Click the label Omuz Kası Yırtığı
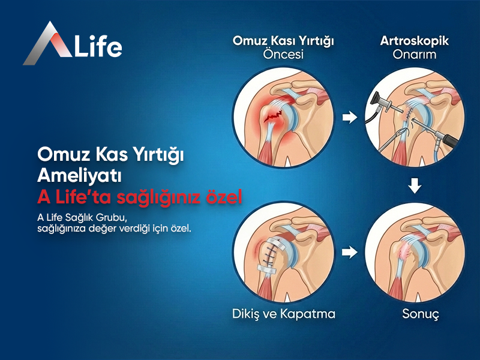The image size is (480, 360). pos(283,41)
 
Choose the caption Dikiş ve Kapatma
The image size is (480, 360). pos(283,314)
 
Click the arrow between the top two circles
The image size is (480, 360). pos(348,118)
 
